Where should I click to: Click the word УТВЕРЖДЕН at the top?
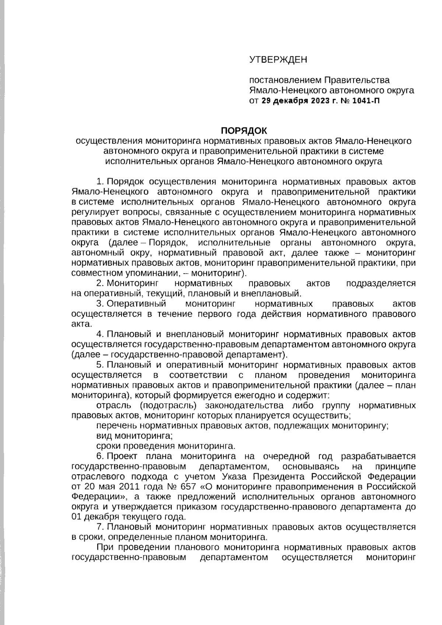click(278, 59)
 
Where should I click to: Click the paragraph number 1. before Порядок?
click(100, 182)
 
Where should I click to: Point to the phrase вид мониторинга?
click(134, 436)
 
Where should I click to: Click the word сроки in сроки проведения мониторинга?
click(108, 446)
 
